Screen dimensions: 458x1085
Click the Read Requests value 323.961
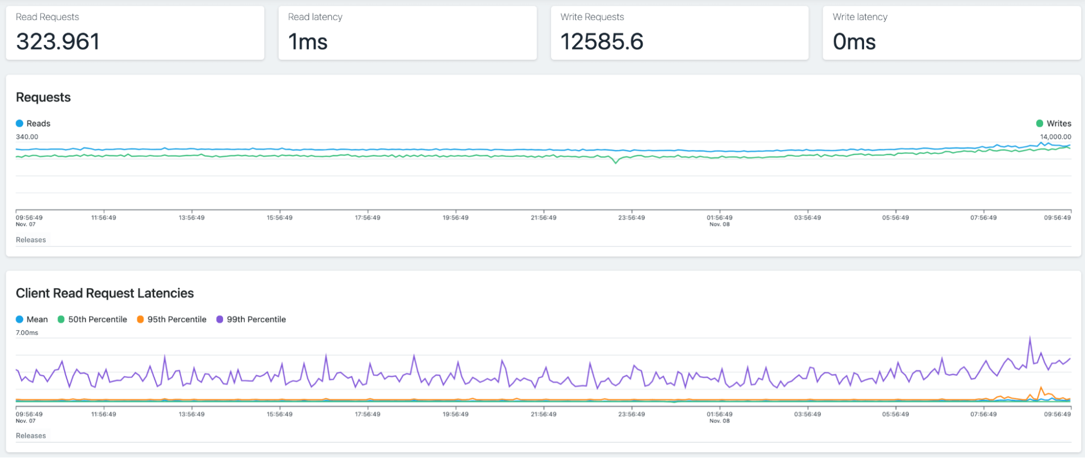[x=58, y=42]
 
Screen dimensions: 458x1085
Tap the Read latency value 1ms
[x=308, y=42]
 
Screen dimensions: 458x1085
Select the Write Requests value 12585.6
[x=602, y=42]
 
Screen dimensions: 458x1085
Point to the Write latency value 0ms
[x=854, y=42]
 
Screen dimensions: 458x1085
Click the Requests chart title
[x=43, y=98]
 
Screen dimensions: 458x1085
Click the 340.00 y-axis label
[x=27, y=137]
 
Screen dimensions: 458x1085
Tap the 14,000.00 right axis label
[x=1056, y=137]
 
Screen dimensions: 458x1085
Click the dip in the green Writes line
[x=616, y=162]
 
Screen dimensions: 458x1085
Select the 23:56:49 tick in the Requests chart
[x=632, y=217]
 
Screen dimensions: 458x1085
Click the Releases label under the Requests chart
[x=31, y=240]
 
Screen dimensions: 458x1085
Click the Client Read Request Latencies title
[x=105, y=293]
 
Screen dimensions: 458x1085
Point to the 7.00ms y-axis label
[x=27, y=332]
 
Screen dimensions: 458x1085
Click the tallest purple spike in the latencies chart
[x=1030, y=338]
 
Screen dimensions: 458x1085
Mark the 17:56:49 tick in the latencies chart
[x=368, y=414]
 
